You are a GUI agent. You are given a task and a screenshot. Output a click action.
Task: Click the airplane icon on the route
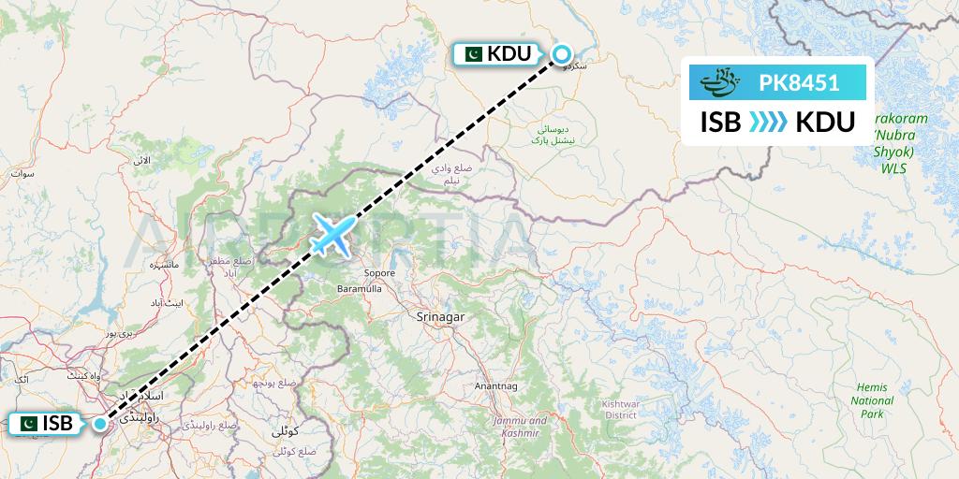[334, 234]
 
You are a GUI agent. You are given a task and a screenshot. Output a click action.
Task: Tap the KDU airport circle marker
[561, 53]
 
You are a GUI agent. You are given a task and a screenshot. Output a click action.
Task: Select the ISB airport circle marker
[99, 423]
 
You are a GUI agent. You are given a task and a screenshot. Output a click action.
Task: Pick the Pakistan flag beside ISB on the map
[27, 424]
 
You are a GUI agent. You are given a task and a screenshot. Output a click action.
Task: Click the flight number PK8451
[799, 83]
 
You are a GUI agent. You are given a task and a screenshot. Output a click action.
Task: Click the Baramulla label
[363, 290]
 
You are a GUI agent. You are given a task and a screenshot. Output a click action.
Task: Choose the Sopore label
[380, 273]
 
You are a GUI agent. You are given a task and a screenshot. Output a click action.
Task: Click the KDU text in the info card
[824, 122]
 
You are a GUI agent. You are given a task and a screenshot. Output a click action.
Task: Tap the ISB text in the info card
[721, 122]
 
